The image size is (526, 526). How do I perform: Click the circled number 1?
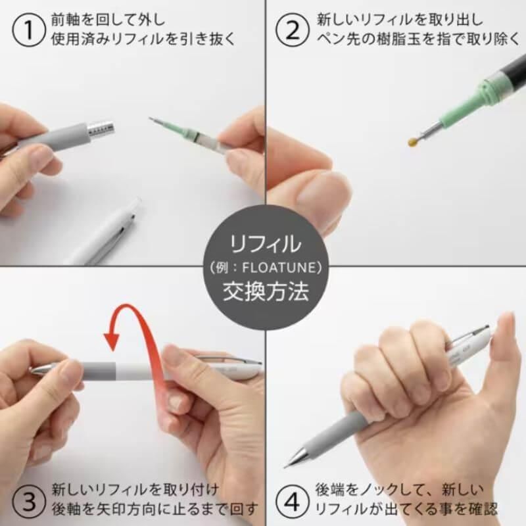click(x=29, y=30)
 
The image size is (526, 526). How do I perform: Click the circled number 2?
click(x=292, y=30)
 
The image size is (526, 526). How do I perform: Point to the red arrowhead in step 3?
click(x=111, y=338)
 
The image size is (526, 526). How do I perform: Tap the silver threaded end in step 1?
click(x=102, y=129)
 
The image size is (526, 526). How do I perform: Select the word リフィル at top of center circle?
click(x=265, y=244)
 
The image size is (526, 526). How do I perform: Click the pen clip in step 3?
click(x=231, y=360)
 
